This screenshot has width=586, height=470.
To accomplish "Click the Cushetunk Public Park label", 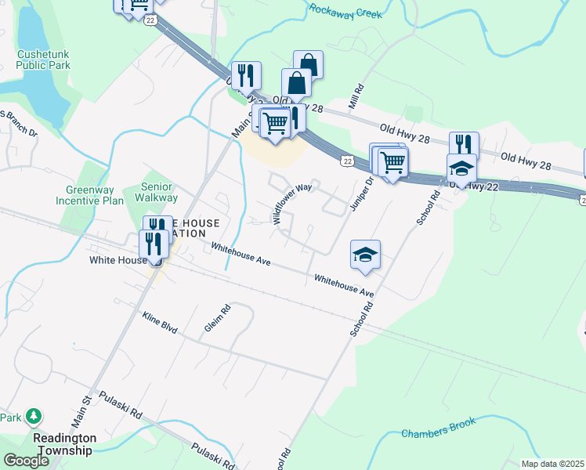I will (x=43, y=60).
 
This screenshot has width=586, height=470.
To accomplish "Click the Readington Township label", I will (x=64, y=444).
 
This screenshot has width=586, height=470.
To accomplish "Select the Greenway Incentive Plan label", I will (x=90, y=194).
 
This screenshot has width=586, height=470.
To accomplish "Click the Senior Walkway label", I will (x=162, y=193).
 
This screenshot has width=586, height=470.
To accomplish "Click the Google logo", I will (x=26, y=461).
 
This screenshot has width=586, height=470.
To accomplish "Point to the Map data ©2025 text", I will (x=552, y=464).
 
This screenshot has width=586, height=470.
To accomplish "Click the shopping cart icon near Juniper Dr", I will (x=392, y=161).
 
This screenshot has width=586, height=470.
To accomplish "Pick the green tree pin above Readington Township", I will (x=33, y=414).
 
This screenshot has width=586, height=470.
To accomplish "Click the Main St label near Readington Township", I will (x=82, y=410).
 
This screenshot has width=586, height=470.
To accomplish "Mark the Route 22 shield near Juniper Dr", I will (x=346, y=160).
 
